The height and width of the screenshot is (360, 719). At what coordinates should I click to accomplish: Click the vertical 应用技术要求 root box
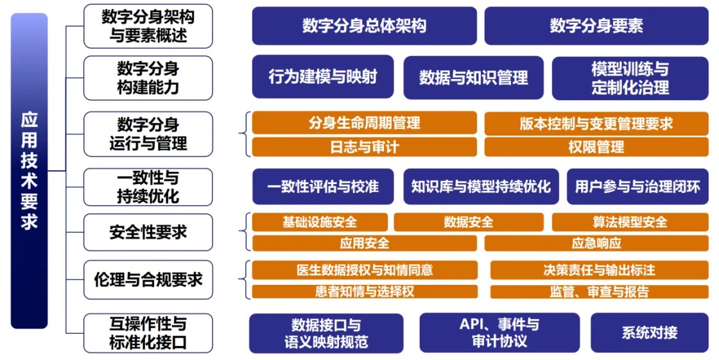(x=30, y=171)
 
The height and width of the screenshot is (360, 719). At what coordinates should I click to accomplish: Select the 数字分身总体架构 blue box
(x=364, y=26)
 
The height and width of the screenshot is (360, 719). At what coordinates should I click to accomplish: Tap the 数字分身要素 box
(x=596, y=26)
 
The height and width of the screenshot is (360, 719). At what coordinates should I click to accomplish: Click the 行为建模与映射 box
(x=322, y=77)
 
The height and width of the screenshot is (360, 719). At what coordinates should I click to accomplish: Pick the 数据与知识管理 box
(x=473, y=78)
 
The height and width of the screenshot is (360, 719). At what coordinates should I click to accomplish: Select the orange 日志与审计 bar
(x=364, y=147)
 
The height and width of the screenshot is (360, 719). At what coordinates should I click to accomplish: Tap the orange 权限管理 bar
(x=596, y=147)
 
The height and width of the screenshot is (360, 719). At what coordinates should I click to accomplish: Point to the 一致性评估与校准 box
(x=322, y=187)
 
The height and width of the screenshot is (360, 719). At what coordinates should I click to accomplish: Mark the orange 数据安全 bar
(x=468, y=222)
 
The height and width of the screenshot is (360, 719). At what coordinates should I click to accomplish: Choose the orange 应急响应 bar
(x=596, y=243)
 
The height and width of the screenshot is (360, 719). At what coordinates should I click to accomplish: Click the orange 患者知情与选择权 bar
(x=364, y=291)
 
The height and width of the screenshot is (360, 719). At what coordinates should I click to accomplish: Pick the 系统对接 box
(x=649, y=333)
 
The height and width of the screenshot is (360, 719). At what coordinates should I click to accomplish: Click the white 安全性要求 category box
(x=148, y=232)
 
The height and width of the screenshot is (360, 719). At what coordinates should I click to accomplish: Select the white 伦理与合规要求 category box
(x=148, y=280)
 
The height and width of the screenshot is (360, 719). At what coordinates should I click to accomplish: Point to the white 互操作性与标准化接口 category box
(x=148, y=333)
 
